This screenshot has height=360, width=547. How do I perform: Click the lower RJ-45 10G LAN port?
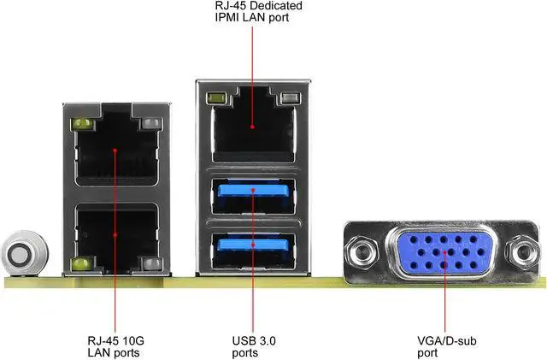click(115, 229)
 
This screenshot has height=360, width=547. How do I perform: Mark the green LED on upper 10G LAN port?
click(82, 126)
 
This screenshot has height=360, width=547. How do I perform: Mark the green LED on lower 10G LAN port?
click(82, 262)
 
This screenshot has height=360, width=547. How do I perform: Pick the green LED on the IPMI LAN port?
click(216, 99)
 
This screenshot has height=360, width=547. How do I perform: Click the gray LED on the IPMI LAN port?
click(290, 99)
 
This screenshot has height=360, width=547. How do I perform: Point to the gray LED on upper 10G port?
click(150, 126)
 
